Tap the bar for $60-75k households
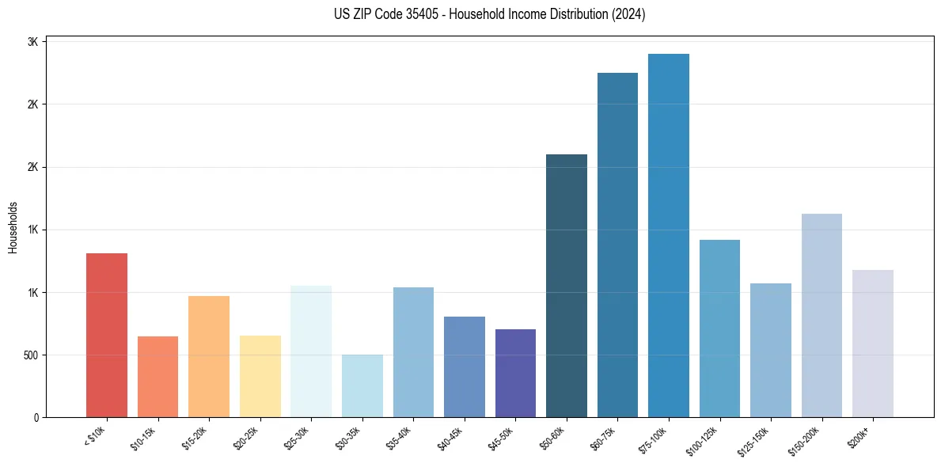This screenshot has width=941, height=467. tap(617, 245)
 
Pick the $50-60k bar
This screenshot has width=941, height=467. tap(567, 286)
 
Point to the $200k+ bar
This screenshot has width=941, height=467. tap(873, 344)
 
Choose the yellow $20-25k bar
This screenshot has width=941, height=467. tap(260, 376)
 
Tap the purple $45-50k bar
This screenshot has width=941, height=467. tap(515, 373)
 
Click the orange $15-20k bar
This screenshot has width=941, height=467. tap(209, 356)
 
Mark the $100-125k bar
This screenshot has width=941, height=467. tap(719, 328)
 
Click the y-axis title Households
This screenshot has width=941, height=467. tap(13, 226)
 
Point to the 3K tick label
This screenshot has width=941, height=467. tap(32, 42)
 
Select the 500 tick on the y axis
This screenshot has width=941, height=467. tap(29, 355)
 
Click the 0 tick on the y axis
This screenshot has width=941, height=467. tap(36, 417)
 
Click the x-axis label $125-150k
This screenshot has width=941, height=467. tap(755, 439)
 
